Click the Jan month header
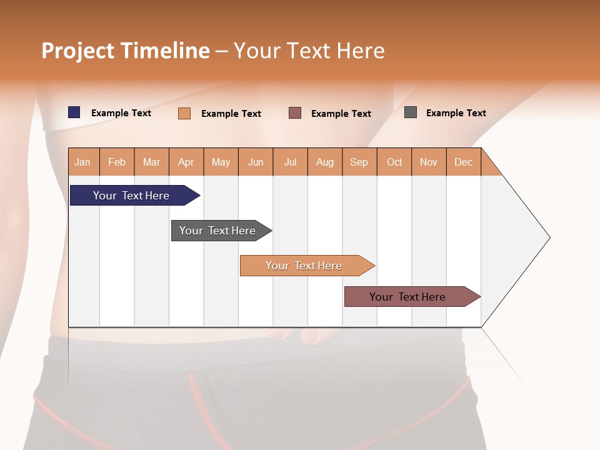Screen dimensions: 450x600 click(83, 162)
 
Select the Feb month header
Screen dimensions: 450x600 click(117, 162)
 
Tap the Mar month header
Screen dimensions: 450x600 click(151, 162)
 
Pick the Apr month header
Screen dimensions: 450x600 click(186, 162)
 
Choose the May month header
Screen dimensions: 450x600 click(221, 162)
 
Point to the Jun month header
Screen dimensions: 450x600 click(256, 162)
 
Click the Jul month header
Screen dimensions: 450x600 click(290, 162)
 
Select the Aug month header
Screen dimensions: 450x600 click(325, 162)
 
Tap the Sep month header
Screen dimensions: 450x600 click(359, 162)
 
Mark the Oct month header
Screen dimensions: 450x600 click(394, 162)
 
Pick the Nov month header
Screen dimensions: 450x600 click(429, 162)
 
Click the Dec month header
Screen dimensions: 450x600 click(464, 162)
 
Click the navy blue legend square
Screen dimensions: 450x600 click(74, 112)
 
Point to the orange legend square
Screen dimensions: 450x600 click(184, 113)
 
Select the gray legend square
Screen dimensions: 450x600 click(411, 112)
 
